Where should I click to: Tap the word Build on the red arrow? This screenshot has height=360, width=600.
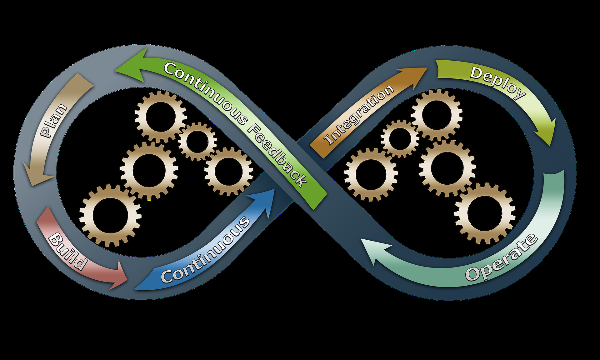(x=67, y=251)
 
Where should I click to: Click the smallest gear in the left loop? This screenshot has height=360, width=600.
(x=197, y=142)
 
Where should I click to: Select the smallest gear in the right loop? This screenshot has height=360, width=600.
(x=400, y=139)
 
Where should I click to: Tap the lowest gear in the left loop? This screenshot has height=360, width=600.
(x=110, y=215)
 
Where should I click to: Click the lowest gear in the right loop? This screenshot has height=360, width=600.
(x=485, y=213)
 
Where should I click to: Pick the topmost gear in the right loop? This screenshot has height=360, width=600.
(x=437, y=115)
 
